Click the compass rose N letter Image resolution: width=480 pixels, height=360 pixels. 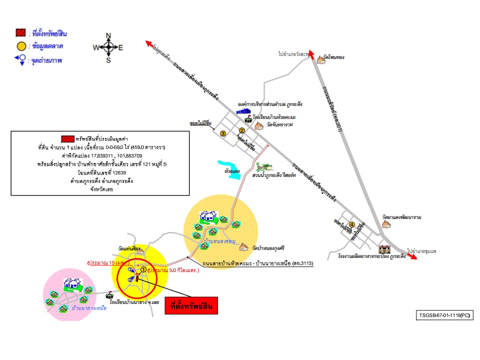pyautogui.click(x=108, y=36)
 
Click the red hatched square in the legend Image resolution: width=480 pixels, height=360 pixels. pyautogui.click(x=20, y=34)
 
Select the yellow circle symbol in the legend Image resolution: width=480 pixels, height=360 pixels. pyautogui.click(x=20, y=46)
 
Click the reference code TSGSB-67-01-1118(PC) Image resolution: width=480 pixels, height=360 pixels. pyautogui.click(x=444, y=315)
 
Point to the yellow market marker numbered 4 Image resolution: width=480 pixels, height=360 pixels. pyautogui.click(x=352, y=224)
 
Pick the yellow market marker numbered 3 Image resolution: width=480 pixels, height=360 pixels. pyautogui.click(x=223, y=133)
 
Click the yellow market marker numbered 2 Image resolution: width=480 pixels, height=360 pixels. pyautogui.click(x=241, y=130)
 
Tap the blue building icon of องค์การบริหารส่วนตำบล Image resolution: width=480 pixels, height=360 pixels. pyautogui.click(x=243, y=111)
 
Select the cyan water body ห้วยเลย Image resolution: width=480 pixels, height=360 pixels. pyautogui.click(x=228, y=168)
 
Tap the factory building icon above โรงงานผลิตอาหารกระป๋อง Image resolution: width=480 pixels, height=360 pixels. pyautogui.click(x=384, y=248)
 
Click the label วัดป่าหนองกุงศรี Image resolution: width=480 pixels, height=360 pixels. pyautogui.click(x=268, y=247)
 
